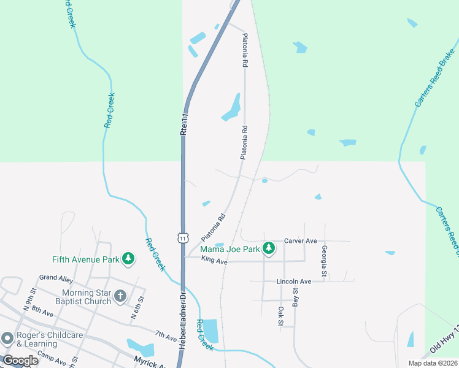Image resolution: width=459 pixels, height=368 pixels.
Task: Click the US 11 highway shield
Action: click(x=183, y=237)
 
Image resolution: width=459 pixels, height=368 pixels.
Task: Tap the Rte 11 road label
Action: click(x=183, y=123)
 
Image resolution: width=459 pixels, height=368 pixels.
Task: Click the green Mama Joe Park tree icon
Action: click(x=268, y=248)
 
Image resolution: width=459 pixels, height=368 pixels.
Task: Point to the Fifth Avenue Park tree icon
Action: click(x=128, y=258)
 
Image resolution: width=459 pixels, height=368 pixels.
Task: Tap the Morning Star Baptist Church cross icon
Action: click(x=120, y=296)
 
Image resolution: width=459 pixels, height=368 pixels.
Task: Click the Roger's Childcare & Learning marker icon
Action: click(x=7, y=339)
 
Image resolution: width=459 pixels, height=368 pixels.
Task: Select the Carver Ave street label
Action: click(x=300, y=241)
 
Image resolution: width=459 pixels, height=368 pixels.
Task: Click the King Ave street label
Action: click(x=214, y=262)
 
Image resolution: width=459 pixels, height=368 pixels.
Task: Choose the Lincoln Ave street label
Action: click(x=294, y=282)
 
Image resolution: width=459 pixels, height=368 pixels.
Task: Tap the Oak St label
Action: click(x=281, y=316)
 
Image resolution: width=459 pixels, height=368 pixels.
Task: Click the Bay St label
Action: click(x=295, y=298)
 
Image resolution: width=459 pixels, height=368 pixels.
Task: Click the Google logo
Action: click(x=20, y=361)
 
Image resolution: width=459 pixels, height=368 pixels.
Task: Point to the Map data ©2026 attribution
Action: click(x=433, y=363)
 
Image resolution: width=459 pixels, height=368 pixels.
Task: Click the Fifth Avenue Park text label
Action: click(x=85, y=259)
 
